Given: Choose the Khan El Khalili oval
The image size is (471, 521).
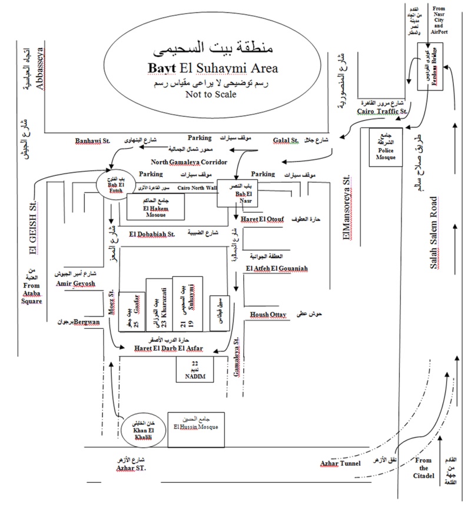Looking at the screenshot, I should tap(140, 433).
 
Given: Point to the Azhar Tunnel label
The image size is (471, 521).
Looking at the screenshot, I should tap(340, 463).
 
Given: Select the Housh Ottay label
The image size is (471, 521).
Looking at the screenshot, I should tap(268, 315).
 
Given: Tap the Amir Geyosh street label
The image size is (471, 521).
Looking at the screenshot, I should tap(75, 283).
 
